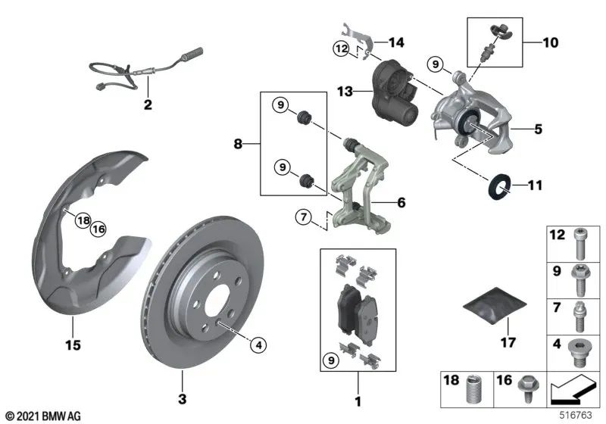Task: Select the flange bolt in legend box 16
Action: (524, 397)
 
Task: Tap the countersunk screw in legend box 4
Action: (579, 350)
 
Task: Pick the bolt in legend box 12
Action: (579, 240)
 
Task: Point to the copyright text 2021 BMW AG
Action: (43, 415)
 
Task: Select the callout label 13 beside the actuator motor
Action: (345, 92)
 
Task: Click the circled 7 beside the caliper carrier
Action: (304, 220)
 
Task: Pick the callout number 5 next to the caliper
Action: (538, 129)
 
